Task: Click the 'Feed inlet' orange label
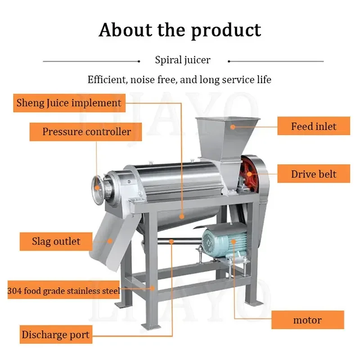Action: pos(314,126)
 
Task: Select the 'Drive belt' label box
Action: pos(314,174)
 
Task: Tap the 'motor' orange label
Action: pos(307,320)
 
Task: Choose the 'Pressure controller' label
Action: pos(86,132)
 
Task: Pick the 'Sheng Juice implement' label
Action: pos(69,103)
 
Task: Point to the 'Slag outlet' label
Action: pos(56,241)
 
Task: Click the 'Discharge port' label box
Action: pos(55,335)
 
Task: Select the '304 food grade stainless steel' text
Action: pos(63,291)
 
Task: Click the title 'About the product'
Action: pos(180,30)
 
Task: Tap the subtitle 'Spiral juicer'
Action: pos(183,60)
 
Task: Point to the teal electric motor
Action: pos(225,243)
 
